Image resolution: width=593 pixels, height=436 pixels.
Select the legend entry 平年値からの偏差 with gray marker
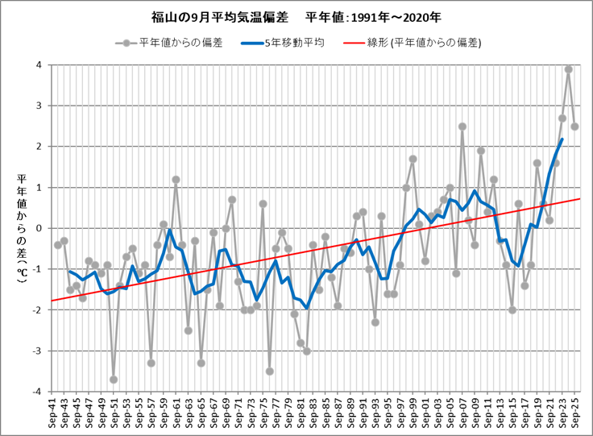coord(178,42)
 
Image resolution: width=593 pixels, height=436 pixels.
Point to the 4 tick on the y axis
coord(39,65)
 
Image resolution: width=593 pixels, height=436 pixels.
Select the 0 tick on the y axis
coord(39,229)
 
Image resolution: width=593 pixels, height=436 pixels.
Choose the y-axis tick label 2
coord(39,147)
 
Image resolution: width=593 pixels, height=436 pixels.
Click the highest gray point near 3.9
coord(568,69)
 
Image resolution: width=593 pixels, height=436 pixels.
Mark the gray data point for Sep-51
coord(114,380)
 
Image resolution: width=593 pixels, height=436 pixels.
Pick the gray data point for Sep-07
coord(462,127)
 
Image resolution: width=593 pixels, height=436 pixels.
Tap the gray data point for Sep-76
coord(269,372)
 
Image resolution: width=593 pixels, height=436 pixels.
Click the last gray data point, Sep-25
coord(574,127)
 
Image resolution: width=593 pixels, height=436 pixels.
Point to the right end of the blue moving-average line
coord(562,139)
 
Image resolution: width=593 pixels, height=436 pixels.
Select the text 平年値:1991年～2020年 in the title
coord(374,17)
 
